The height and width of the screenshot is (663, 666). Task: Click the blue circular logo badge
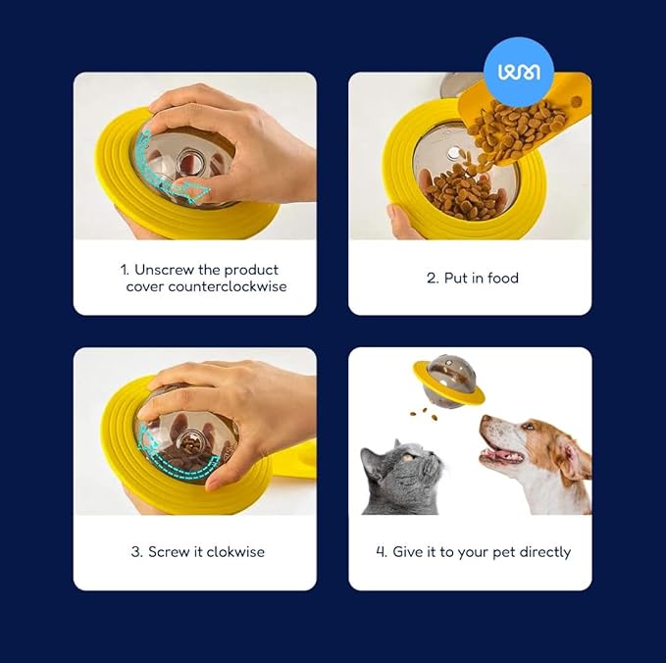coord(519,71)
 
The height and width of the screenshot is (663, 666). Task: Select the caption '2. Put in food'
coord(472,279)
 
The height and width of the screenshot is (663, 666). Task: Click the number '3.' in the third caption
coord(137,552)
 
